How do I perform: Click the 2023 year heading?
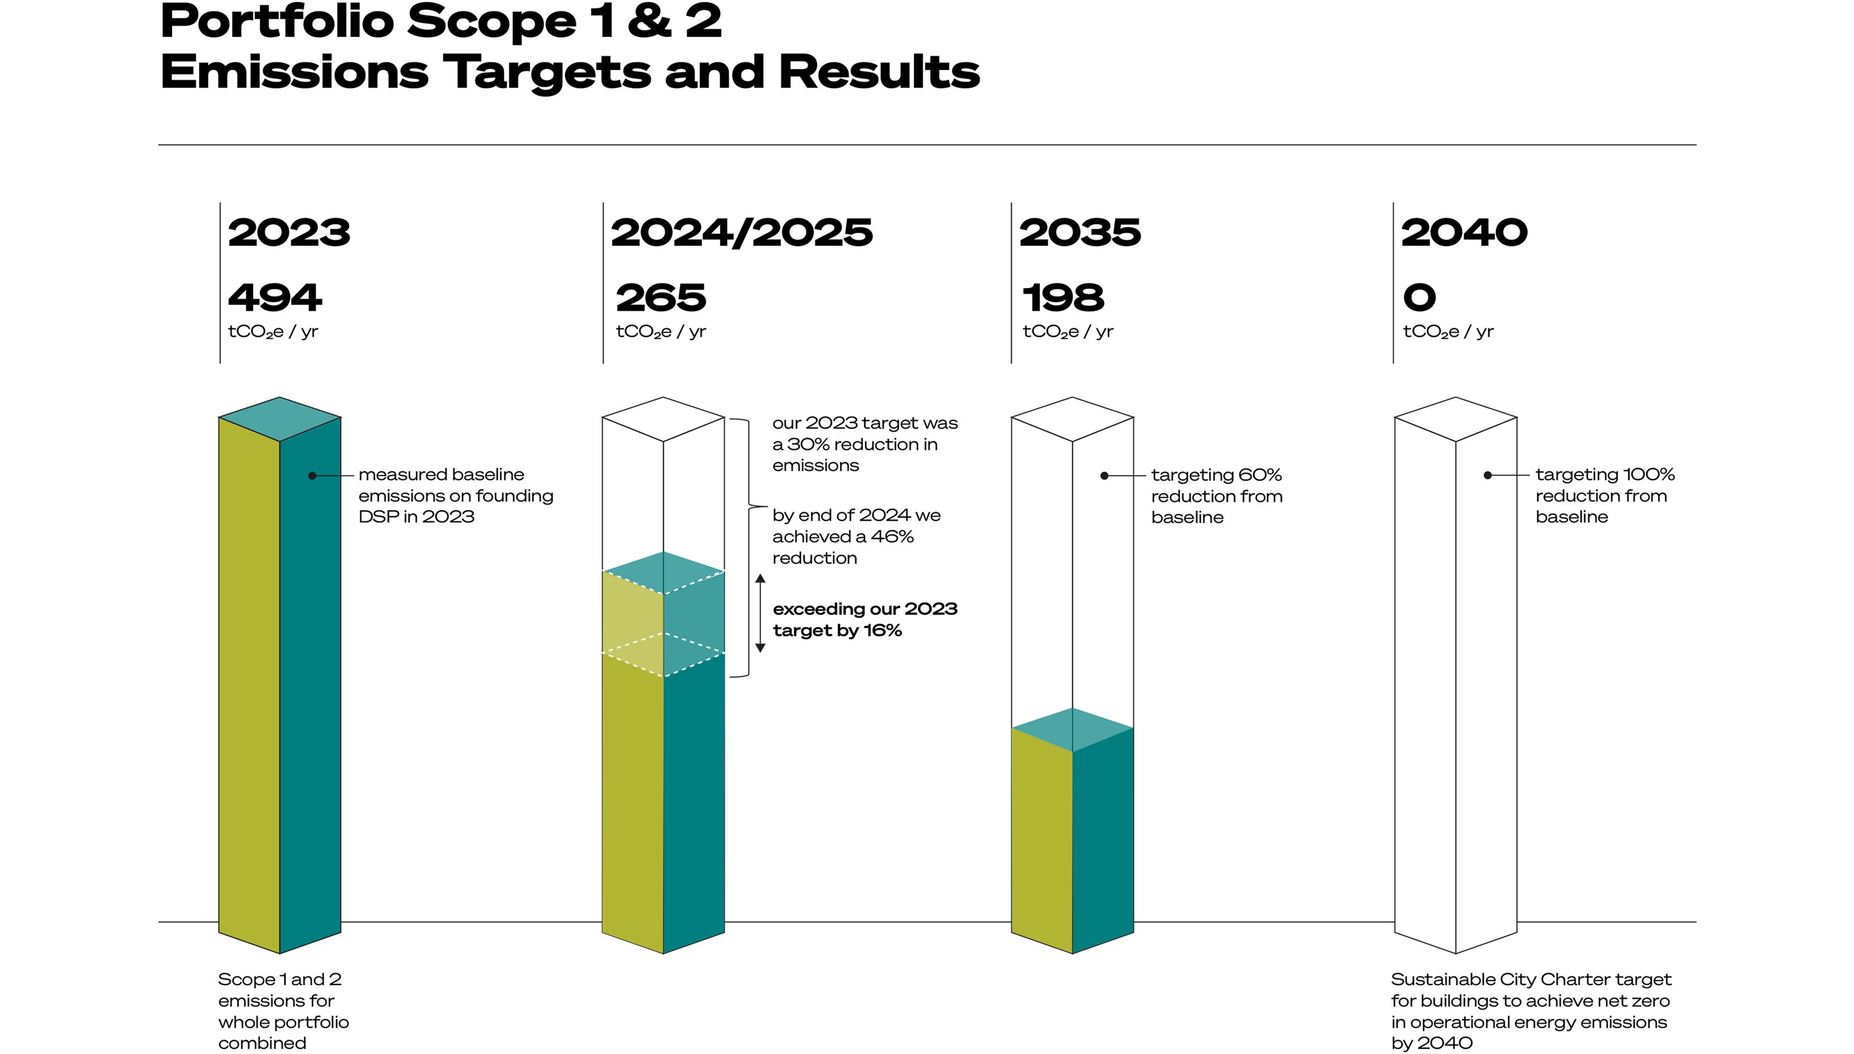[289, 233]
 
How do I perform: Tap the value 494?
[275, 298]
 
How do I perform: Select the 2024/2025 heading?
[742, 233]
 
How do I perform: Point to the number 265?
[660, 298]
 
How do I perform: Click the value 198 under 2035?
[1063, 298]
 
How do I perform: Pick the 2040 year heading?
[1464, 233]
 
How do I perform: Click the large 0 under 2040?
[1419, 298]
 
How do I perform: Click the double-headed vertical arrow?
[759, 613]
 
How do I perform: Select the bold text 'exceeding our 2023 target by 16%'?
[865, 620]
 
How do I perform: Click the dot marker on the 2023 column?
[312, 475]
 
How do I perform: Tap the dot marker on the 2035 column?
[1104, 475]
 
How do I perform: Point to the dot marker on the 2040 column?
[1487, 475]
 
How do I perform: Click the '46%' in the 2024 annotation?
[892, 537]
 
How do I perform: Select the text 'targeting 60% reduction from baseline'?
[1216, 497]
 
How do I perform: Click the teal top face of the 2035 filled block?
[1072, 729]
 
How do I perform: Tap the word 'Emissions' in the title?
[294, 72]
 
